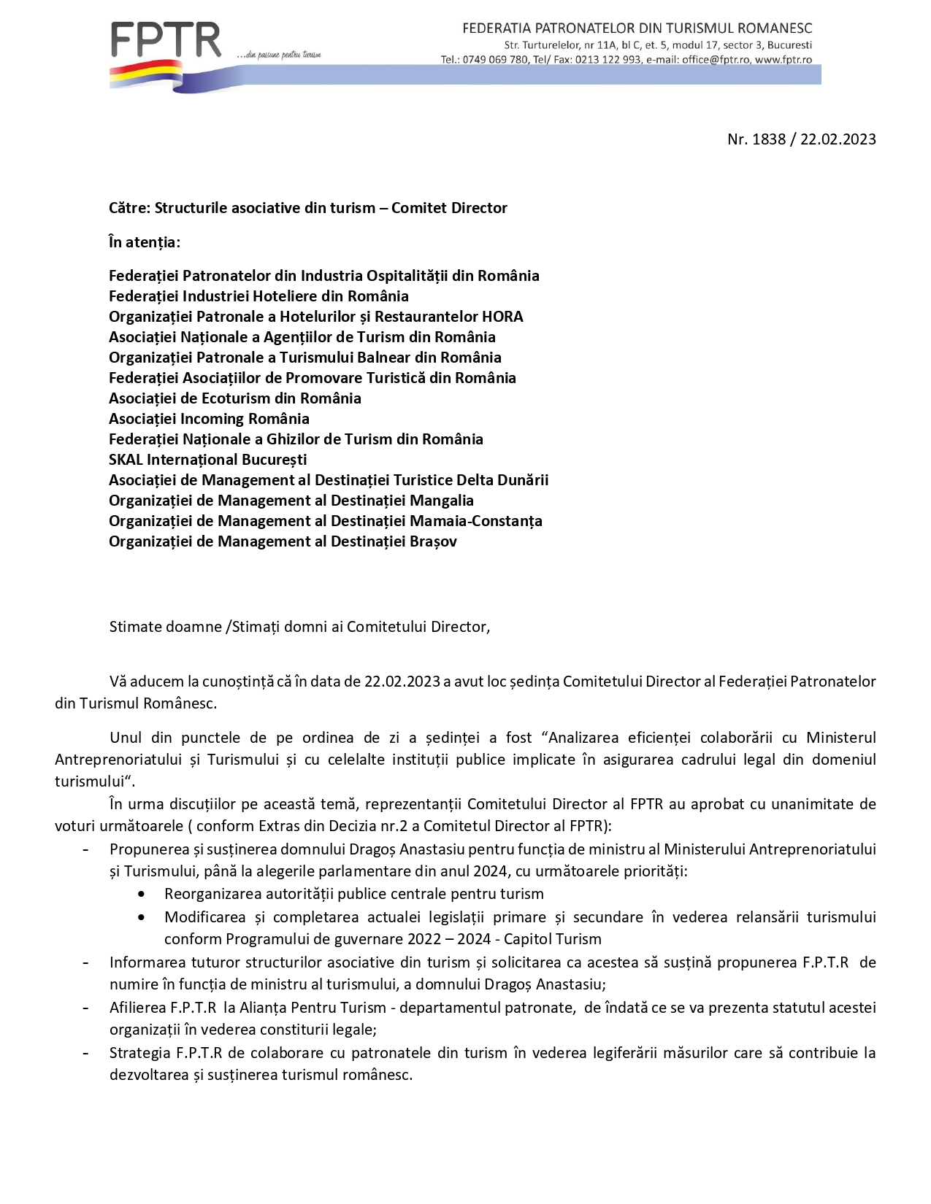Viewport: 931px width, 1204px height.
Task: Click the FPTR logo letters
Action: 166,41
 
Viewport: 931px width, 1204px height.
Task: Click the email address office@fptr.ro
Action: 716,60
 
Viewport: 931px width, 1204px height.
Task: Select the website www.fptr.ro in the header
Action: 783,60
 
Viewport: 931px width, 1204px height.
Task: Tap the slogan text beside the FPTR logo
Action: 279,55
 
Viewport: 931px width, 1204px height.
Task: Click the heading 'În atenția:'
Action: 145,242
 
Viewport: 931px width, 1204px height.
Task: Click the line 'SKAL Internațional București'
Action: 208,460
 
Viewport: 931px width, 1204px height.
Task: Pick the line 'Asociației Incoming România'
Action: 209,419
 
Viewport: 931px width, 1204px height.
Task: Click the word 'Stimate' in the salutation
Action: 134,627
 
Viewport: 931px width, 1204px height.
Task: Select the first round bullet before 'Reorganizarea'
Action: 141,895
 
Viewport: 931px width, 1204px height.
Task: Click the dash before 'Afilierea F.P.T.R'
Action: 86,1008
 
